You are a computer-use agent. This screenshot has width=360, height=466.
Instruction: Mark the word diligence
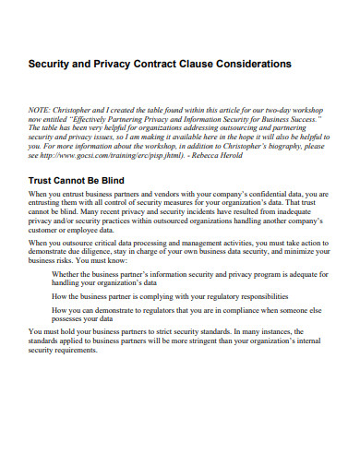(100, 252)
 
